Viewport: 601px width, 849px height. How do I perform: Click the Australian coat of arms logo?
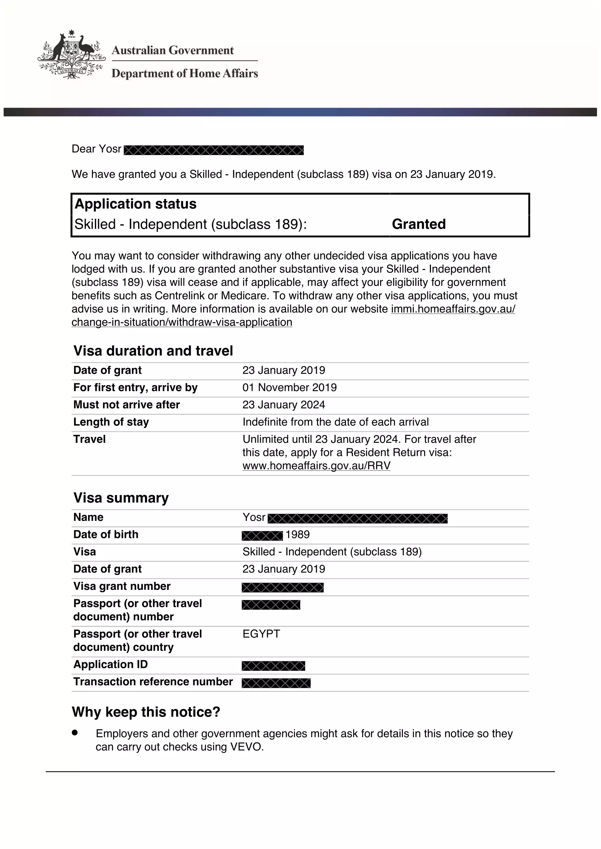click(x=71, y=55)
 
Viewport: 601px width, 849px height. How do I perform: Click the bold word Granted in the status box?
click(x=419, y=224)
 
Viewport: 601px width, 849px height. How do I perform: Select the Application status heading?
click(x=136, y=204)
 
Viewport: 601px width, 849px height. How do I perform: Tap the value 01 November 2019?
click(x=289, y=388)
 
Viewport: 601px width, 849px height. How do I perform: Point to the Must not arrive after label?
click(x=126, y=404)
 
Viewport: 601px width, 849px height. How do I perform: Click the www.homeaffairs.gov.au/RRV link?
click(x=316, y=466)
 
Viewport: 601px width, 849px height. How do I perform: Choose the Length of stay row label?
click(x=111, y=422)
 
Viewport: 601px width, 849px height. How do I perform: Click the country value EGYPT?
click(x=261, y=634)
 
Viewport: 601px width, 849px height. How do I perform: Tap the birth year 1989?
click(x=298, y=535)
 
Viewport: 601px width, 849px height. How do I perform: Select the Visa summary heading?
click(x=121, y=498)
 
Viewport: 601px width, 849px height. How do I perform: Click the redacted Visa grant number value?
click(x=282, y=587)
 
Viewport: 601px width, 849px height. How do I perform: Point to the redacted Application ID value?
click(x=273, y=666)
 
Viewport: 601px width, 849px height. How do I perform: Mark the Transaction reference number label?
click(x=153, y=682)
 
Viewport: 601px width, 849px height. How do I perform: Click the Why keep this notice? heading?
click(x=146, y=712)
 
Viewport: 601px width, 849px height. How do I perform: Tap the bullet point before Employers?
click(x=75, y=732)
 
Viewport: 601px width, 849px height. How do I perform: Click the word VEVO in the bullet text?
click(x=246, y=747)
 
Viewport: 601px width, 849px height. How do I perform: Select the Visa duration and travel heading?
click(x=153, y=351)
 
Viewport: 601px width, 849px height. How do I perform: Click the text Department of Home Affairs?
click(x=185, y=73)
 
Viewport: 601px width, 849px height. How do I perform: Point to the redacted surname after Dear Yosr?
click(x=214, y=150)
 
